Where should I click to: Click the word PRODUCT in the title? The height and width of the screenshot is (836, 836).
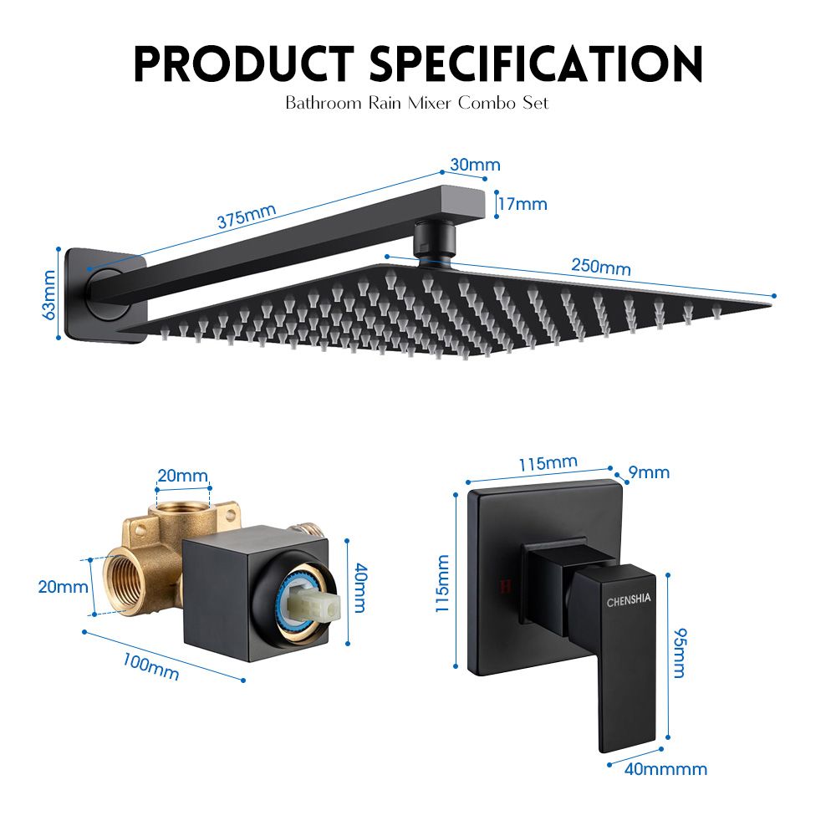244,64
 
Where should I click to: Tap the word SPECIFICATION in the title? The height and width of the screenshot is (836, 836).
536,64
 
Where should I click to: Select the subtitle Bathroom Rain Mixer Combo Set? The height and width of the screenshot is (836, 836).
417,102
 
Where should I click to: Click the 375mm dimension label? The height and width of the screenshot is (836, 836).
247,216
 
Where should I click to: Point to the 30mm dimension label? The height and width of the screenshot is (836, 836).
475,165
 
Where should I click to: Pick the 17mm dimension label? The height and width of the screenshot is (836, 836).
523,204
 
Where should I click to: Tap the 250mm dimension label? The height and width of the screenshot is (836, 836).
601,266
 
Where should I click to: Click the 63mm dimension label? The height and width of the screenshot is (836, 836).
49,295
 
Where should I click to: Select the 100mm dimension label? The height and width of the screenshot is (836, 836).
150,667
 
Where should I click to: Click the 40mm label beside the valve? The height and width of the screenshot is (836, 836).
359,588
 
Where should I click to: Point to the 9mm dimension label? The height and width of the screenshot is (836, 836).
649,472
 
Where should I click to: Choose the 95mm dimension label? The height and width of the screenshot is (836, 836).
680,653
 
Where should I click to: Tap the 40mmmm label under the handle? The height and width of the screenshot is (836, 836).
666,769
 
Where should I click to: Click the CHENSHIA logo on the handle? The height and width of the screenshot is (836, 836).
630,599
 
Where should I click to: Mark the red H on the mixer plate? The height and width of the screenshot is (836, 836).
506,586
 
